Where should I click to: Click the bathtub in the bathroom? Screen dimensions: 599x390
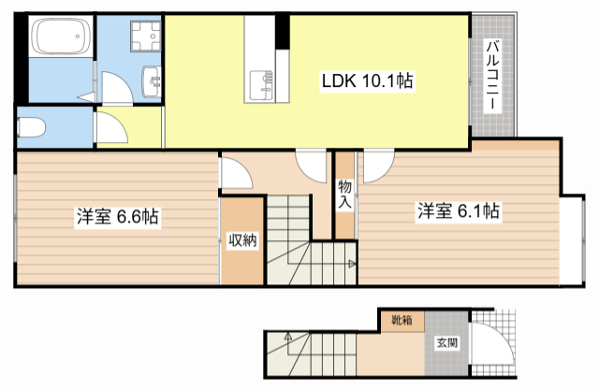tap(61, 36)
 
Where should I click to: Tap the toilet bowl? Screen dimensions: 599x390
tap(31, 126)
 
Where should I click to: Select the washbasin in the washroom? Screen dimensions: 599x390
tap(152, 81)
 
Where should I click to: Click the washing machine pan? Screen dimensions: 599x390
tap(146, 36)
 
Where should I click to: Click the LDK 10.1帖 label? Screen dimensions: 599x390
tap(367, 81)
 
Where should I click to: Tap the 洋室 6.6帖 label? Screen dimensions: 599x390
tap(118, 216)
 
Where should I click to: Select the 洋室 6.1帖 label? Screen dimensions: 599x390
tap(459, 211)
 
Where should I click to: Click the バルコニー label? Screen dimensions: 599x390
tap(492, 76)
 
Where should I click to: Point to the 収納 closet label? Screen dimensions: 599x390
tap(243, 240)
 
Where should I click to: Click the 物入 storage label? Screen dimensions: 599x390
tap(345, 195)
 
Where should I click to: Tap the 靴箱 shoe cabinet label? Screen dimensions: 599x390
tap(402, 320)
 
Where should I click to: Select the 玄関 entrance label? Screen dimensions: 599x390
tap(447, 342)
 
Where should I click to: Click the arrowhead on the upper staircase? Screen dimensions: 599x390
tap(352, 264)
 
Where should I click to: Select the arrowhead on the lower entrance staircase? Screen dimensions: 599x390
tap(287, 336)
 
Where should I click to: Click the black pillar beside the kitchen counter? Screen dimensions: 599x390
tap(283, 32)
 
